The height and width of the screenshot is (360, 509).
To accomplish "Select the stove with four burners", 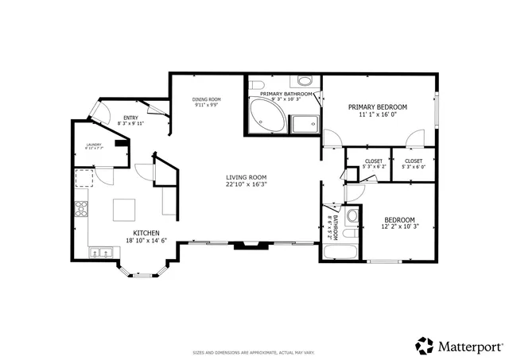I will point(80,210).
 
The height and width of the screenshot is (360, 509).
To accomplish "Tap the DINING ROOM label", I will point(206,99).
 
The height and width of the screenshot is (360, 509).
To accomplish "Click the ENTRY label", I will point(130,118).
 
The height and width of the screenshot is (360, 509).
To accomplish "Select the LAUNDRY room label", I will point(95,144).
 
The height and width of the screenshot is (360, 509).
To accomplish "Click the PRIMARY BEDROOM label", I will point(377,107).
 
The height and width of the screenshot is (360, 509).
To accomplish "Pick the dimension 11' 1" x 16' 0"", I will point(377,115).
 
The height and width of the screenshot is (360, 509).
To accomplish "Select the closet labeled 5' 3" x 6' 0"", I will point(414,164).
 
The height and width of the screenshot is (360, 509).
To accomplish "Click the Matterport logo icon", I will point(425,346).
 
